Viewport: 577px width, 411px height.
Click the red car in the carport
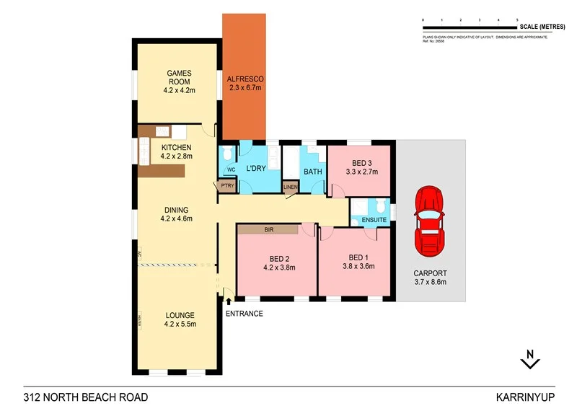coord(430,221)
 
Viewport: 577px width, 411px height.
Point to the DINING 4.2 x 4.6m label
coord(176,214)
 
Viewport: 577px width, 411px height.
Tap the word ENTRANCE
coord(244,314)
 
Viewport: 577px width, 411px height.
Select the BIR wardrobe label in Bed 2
coord(268,229)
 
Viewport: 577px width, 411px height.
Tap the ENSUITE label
coord(374,219)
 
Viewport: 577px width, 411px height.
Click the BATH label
coord(312,172)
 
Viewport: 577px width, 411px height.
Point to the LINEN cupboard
coord(290,187)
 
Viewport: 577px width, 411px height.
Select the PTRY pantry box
coord(226,185)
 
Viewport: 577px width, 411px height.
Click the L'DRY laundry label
coord(257,168)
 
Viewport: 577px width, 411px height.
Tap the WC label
coord(231,170)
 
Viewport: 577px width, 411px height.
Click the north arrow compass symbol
coord(530,358)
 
